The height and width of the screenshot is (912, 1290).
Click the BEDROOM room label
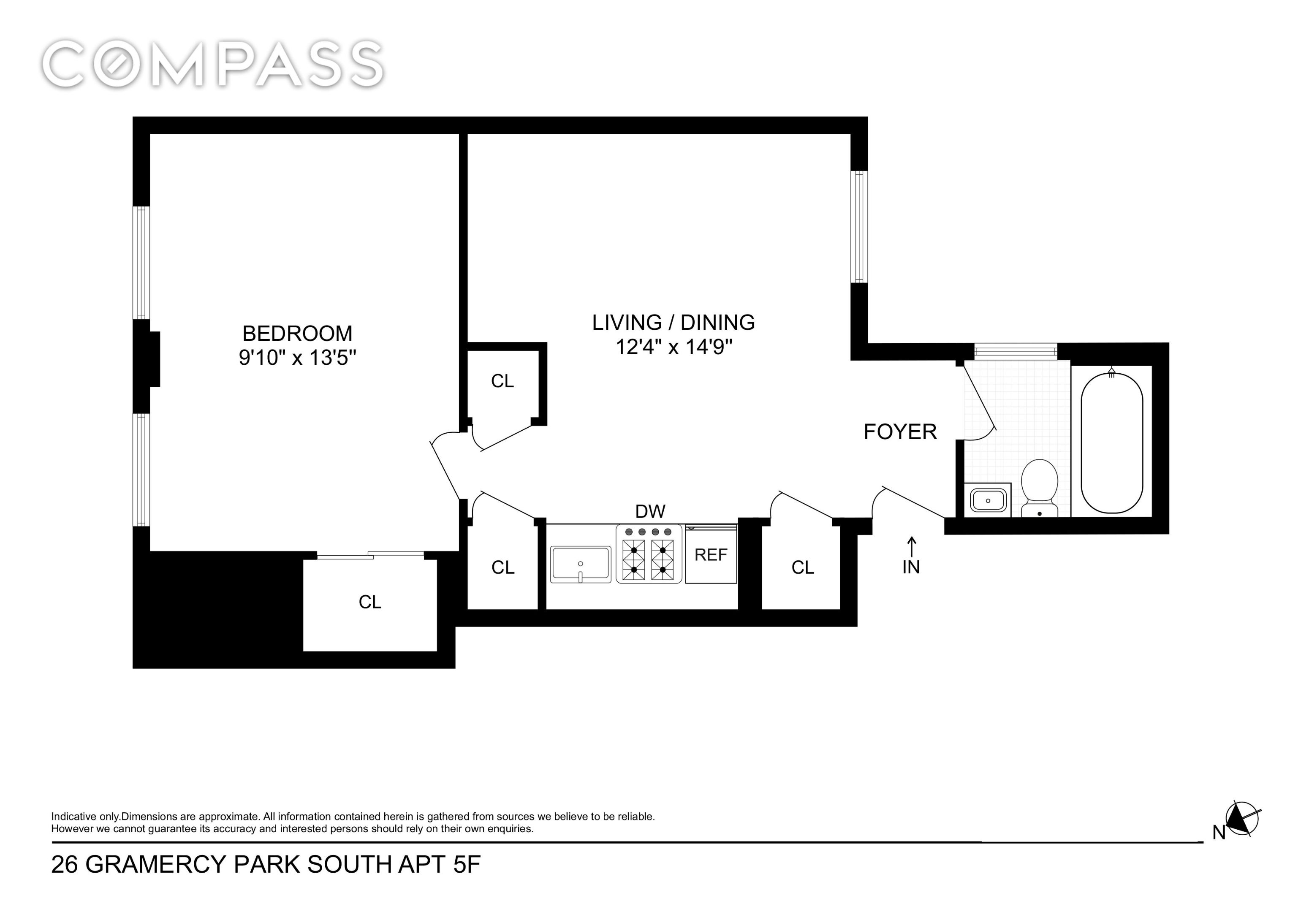tap(297, 334)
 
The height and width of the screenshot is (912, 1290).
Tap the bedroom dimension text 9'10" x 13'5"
tap(297, 357)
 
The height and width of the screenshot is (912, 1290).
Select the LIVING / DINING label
tap(673, 323)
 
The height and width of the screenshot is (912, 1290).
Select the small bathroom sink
tap(988, 499)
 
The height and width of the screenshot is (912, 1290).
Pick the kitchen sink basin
tap(580, 564)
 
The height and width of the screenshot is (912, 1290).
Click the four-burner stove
tap(649, 554)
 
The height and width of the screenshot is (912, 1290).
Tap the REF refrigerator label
tap(711, 555)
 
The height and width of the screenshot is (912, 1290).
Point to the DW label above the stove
tap(650, 511)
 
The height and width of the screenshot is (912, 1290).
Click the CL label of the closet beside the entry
tap(802, 567)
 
